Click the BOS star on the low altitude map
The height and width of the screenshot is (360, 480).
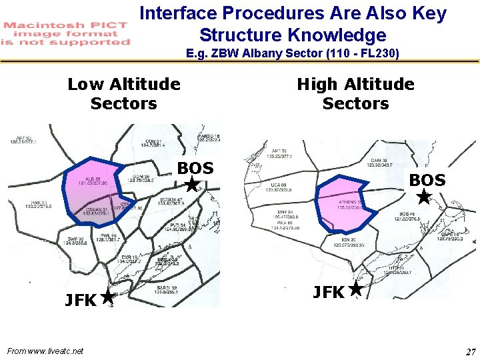coord(192,185)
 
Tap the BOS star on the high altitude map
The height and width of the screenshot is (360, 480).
coord(423,197)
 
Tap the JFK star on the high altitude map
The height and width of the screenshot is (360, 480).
coord(355,289)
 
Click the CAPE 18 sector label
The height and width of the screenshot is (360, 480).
coord(450,236)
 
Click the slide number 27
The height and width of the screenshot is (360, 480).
coord(471,351)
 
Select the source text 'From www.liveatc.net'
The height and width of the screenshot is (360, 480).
coord(45,351)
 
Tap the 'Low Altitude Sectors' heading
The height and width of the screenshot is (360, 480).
coord(124,93)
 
